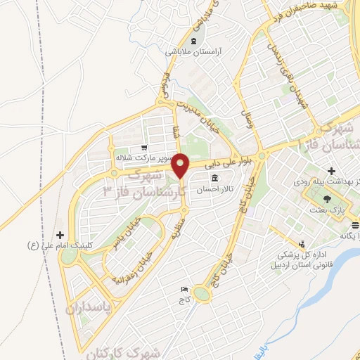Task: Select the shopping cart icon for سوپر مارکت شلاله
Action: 143,148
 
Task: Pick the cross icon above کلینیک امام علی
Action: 60,235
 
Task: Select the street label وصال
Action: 247,123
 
